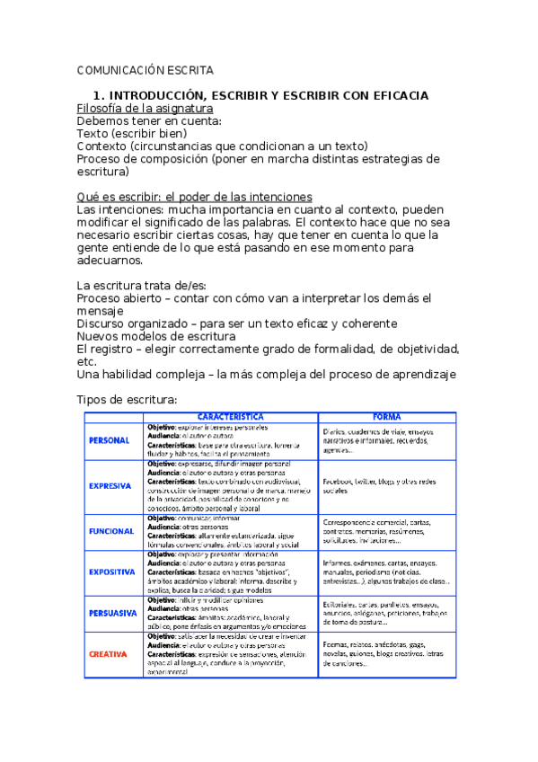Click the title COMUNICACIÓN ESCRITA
(x=146, y=70)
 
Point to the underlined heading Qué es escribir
(x=194, y=197)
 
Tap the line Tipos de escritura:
(x=127, y=399)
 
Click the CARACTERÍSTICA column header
(x=230, y=417)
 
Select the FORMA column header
(x=387, y=417)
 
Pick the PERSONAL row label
(x=110, y=440)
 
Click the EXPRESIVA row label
(x=111, y=486)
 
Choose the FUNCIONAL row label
(x=111, y=531)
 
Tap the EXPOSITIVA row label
(x=112, y=571)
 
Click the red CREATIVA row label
(x=109, y=654)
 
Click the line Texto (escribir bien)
(x=132, y=133)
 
